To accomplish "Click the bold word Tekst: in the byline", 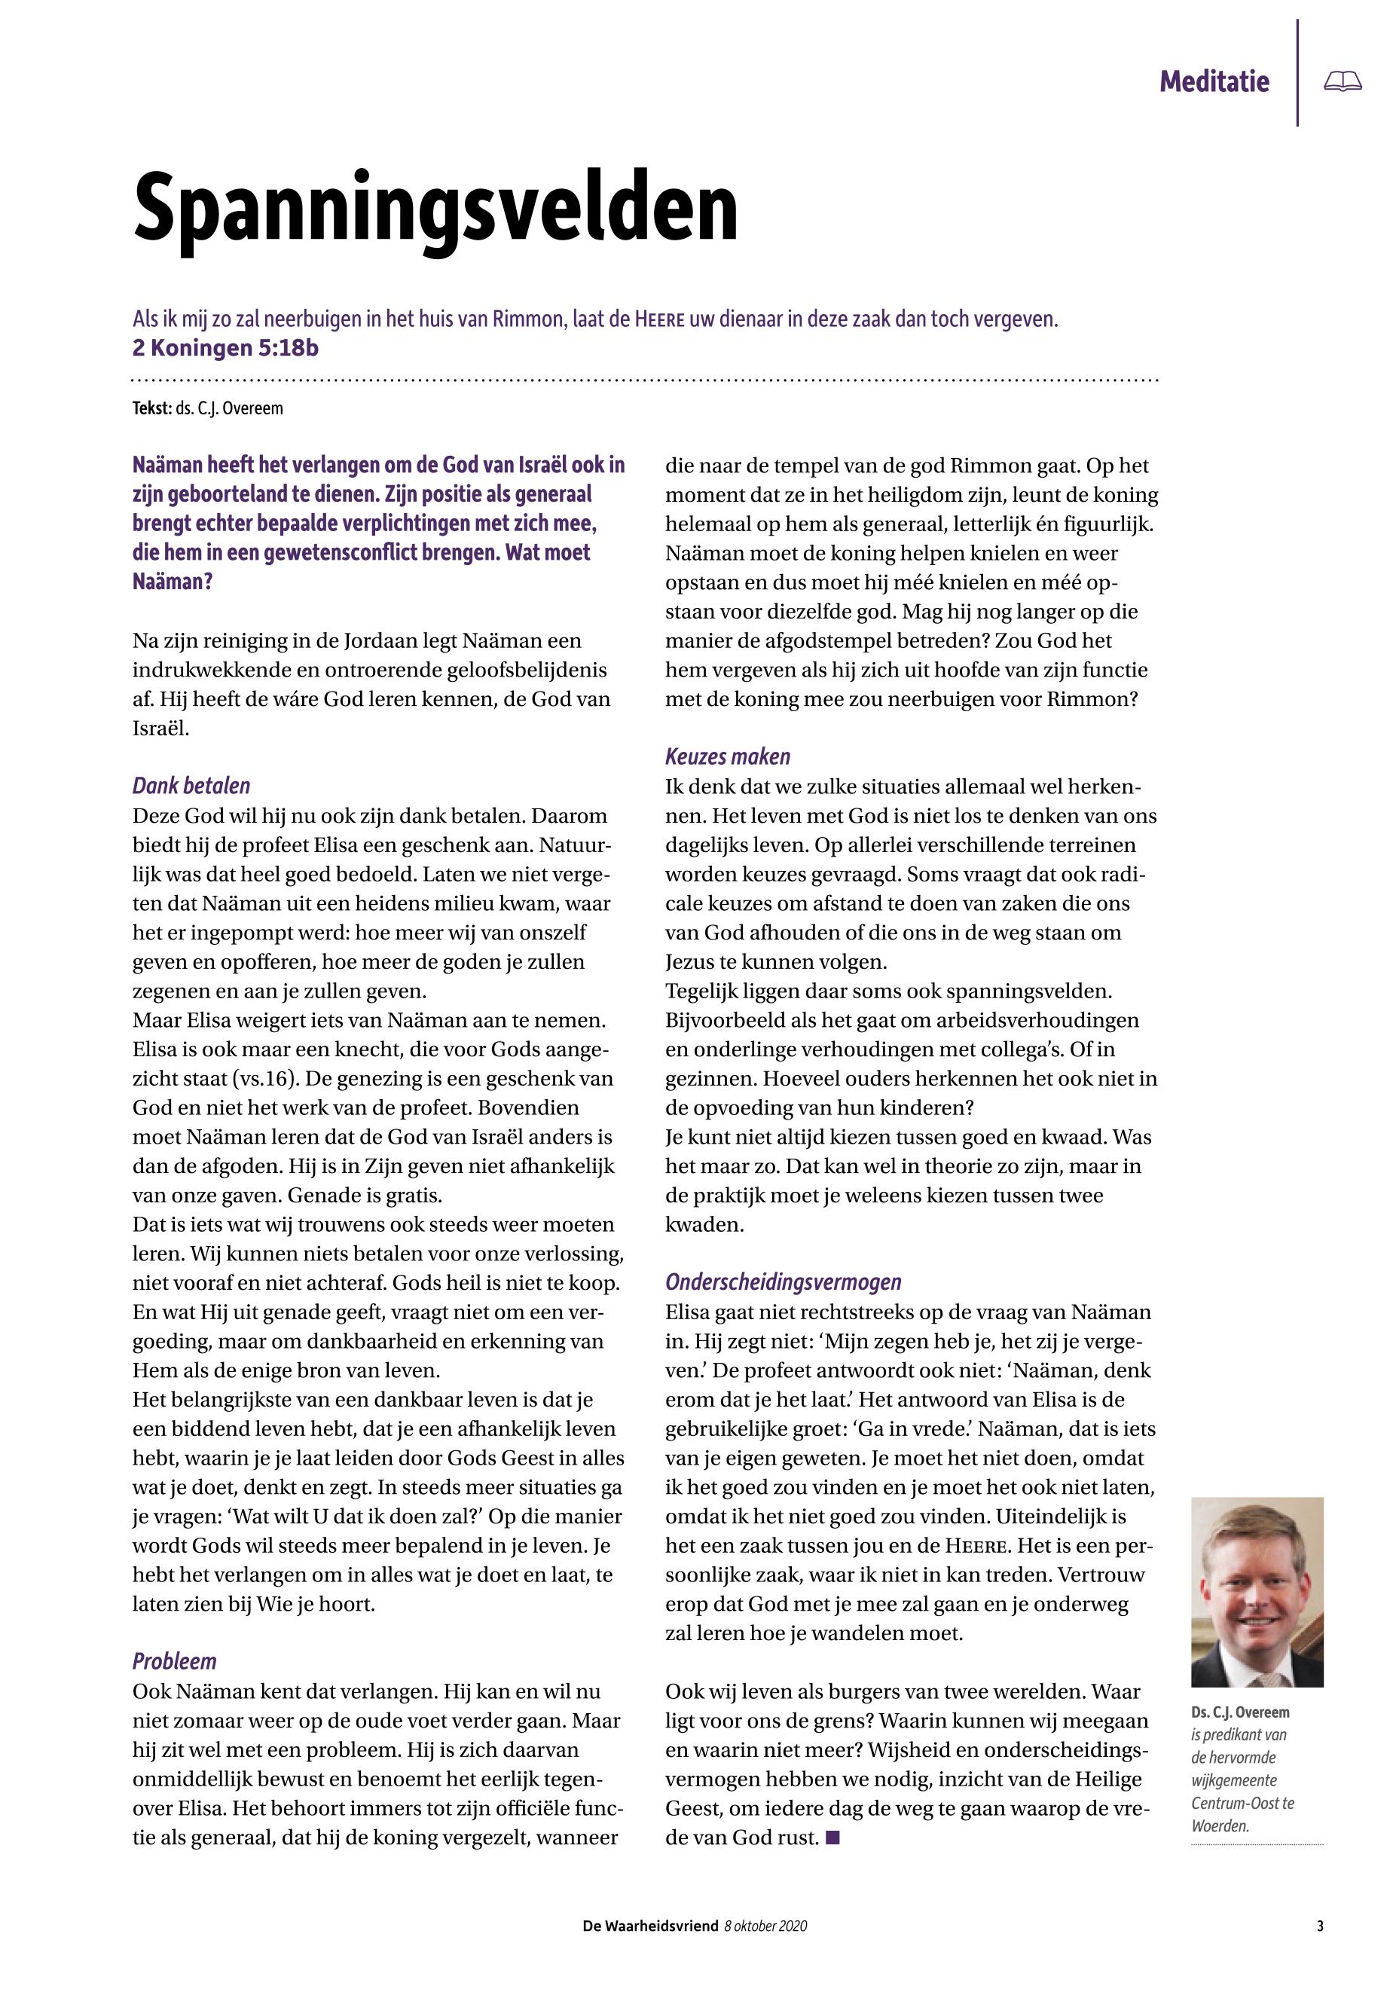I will click(151, 408).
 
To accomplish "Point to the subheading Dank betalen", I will click(191, 786).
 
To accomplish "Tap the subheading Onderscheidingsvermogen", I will click(783, 1282).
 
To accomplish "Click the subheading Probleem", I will click(174, 1661).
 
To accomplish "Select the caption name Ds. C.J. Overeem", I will click(1240, 1712).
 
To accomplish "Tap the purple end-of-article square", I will click(832, 1838).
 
